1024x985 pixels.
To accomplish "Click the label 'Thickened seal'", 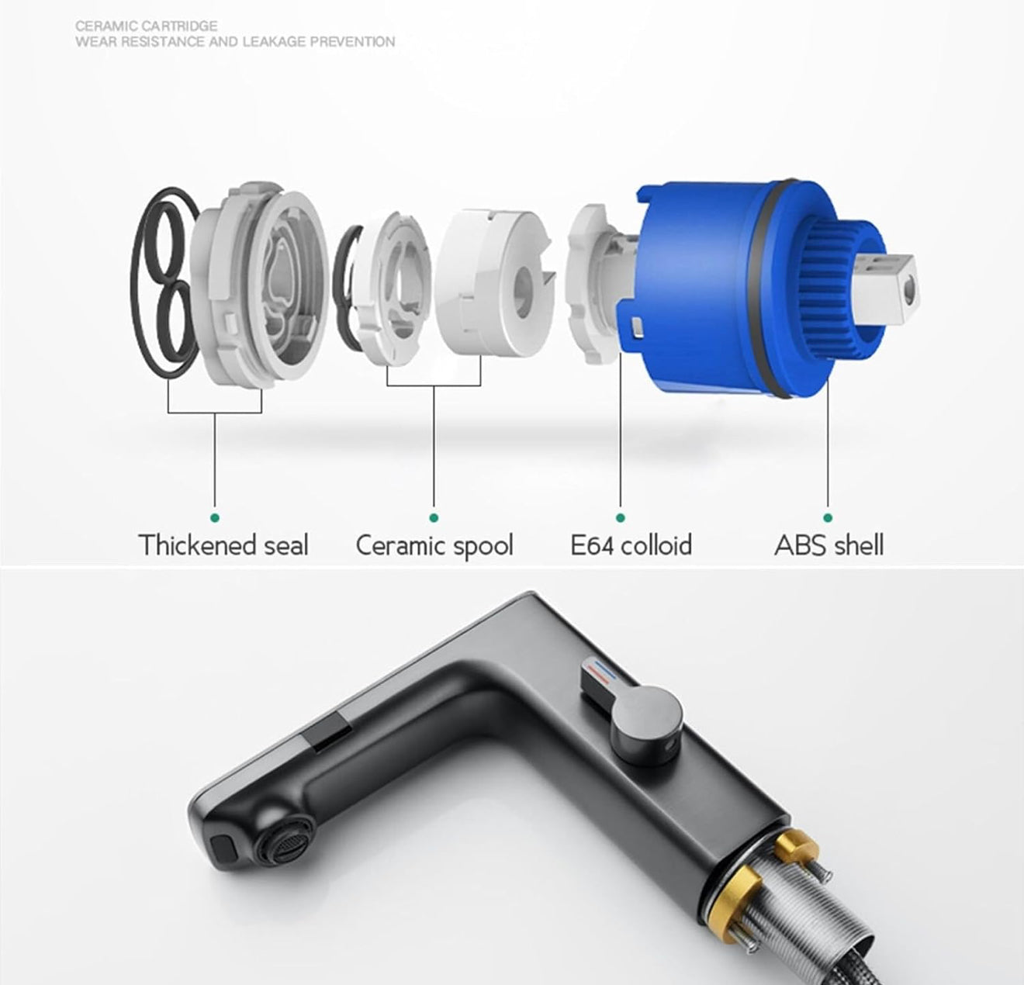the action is (x=223, y=544).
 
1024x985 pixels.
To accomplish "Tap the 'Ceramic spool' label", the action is (x=434, y=546).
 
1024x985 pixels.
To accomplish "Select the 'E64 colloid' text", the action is (x=631, y=544).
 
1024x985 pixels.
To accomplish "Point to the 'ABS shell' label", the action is (x=829, y=544).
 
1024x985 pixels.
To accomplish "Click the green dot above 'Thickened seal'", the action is (x=215, y=518).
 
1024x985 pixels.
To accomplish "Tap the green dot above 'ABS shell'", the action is (x=828, y=518).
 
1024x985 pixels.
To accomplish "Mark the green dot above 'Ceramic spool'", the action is (x=434, y=518).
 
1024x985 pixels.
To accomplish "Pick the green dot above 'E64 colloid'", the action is (x=621, y=518).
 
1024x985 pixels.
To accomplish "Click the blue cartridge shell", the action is (x=737, y=289).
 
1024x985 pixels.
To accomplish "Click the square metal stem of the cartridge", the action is (x=884, y=287).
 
